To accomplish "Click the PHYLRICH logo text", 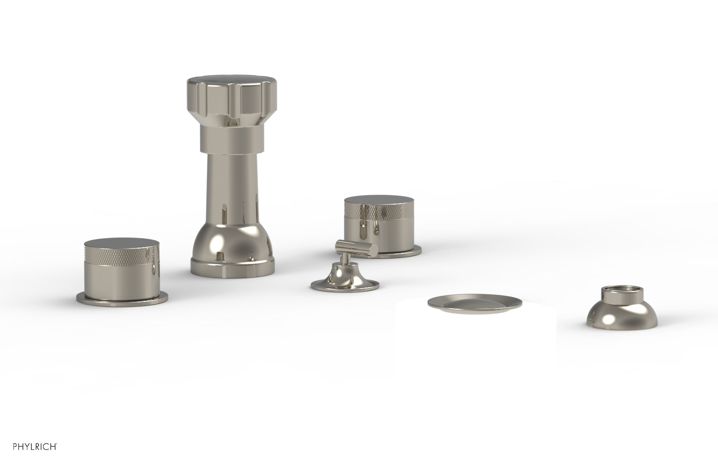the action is (x=35, y=446).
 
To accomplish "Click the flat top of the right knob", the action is (x=379, y=201).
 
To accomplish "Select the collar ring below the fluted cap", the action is (x=232, y=140).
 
